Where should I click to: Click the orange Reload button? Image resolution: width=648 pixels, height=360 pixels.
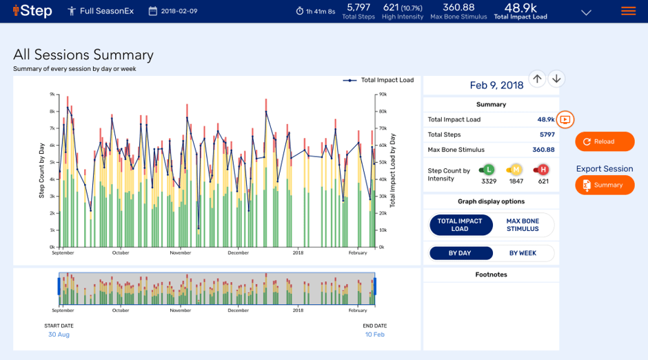605,141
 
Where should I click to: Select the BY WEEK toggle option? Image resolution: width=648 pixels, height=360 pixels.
523,253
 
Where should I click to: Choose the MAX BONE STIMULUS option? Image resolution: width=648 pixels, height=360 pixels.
523,226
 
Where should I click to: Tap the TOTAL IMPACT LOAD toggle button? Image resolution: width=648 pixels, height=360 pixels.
460,226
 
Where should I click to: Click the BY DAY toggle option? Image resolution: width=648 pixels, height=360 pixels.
460,253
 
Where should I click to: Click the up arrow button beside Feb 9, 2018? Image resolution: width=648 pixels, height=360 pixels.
537,79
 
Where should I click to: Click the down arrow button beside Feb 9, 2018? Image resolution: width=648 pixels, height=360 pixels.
556,79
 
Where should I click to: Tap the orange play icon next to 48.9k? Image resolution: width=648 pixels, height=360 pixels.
565,119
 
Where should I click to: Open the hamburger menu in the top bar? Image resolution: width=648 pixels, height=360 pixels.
628,11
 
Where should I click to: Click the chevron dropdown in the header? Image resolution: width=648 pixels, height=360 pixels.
586,12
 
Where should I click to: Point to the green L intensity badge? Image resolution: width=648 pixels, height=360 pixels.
489,170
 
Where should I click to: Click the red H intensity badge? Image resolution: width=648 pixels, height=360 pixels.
543,170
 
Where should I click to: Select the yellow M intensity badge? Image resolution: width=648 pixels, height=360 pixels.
515,170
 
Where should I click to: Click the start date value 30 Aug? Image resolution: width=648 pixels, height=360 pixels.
59,334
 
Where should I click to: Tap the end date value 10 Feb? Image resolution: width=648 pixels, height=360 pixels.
374,334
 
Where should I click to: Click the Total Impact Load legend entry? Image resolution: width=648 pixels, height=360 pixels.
378,80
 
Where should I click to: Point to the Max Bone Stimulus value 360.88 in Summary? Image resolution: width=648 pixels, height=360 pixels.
543,150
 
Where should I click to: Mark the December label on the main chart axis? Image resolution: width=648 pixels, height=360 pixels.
239,253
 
